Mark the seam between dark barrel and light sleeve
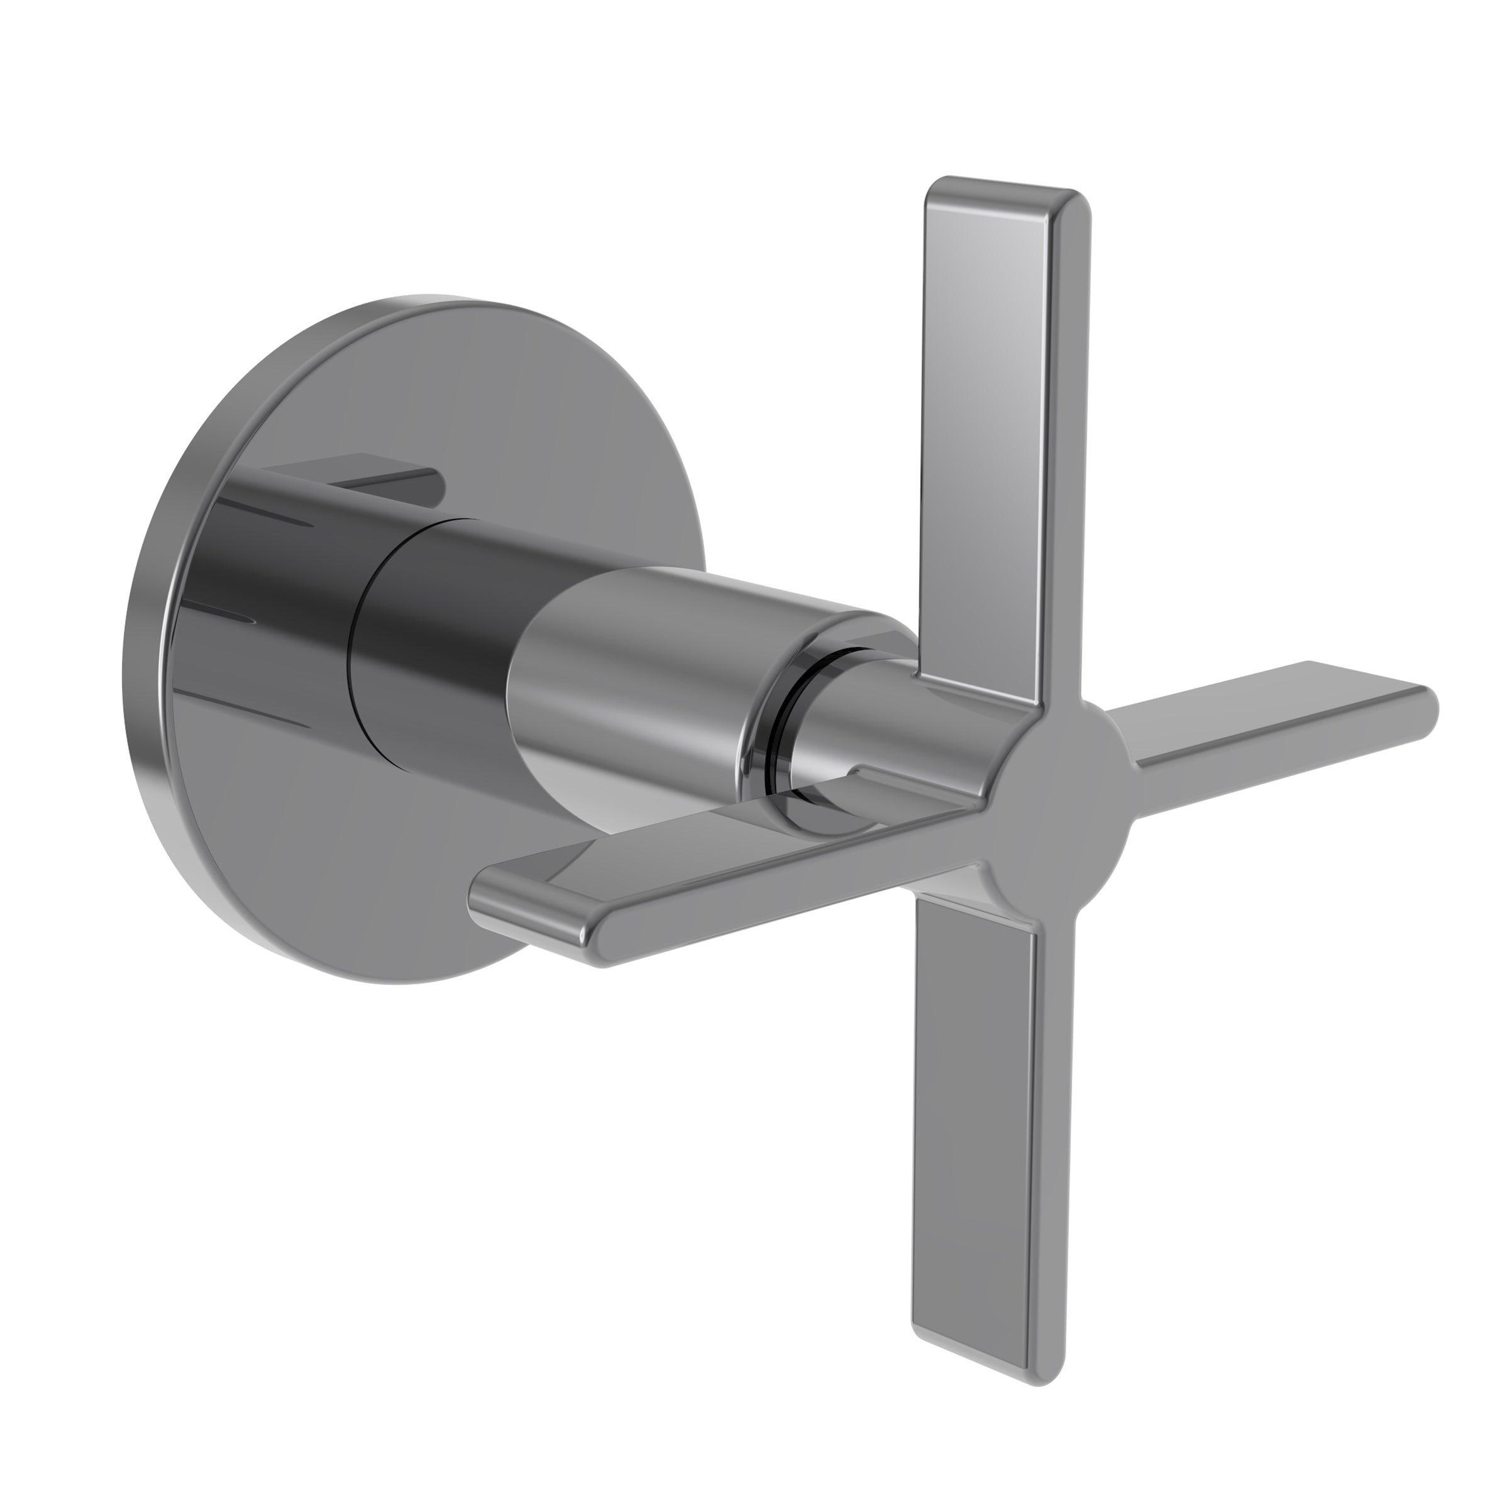pos(523,625)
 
